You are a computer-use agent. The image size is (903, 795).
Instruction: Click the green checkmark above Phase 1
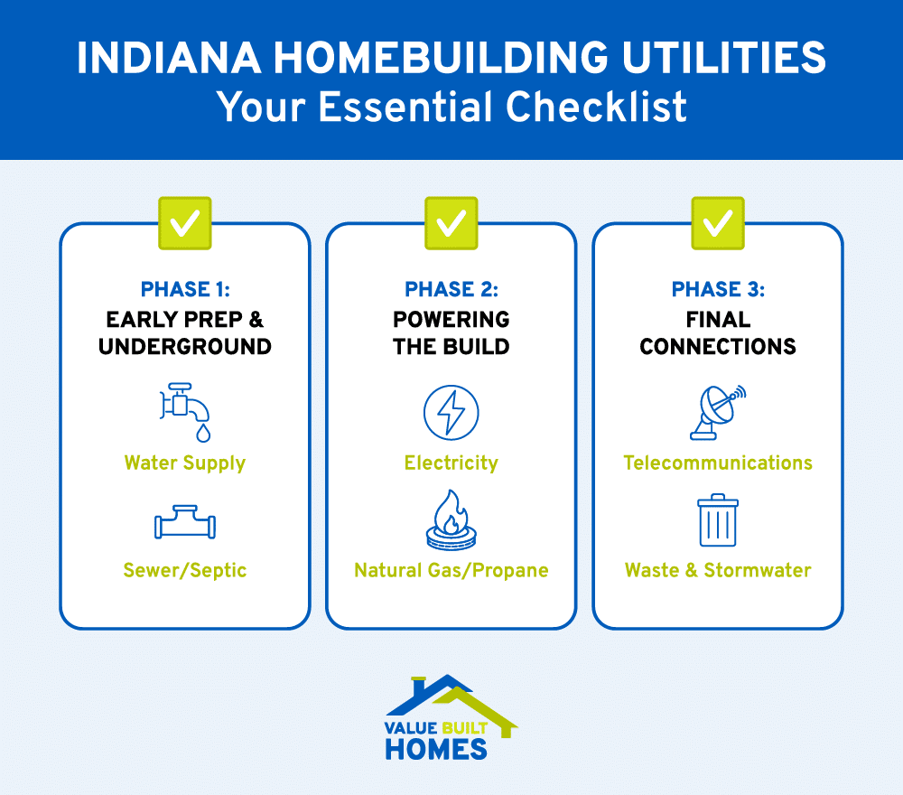pyautogui.click(x=184, y=223)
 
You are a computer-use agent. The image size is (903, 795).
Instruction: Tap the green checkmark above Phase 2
pyautogui.click(x=451, y=223)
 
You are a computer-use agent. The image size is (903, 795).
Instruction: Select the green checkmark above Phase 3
pyautogui.click(x=718, y=223)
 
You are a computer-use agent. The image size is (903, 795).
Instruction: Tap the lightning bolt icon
pyautogui.click(x=451, y=413)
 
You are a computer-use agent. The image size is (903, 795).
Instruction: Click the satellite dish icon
pyautogui.click(x=718, y=412)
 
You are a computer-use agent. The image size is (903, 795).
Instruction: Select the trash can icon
pyautogui.click(x=718, y=520)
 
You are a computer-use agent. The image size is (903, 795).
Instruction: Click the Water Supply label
pyautogui.click(x=185, y=463)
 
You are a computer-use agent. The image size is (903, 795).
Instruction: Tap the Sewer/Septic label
pyautogui.click(x=185, y=571)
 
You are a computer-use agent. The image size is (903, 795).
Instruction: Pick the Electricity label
pyautogui.click(x=451, y=463)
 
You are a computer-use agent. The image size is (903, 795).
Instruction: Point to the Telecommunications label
pyautogui.click(x=718, y=463)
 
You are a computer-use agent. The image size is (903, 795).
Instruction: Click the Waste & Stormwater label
pyautogui.click(x=718, y=571)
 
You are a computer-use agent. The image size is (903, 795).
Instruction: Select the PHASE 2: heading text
pyautogui.click(x=451, y=290)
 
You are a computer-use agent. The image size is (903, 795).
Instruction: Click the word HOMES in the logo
pyautogui.click(x=436, y=748)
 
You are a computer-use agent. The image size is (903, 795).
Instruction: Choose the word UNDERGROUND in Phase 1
pyautogui.click(x=185, y=347)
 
